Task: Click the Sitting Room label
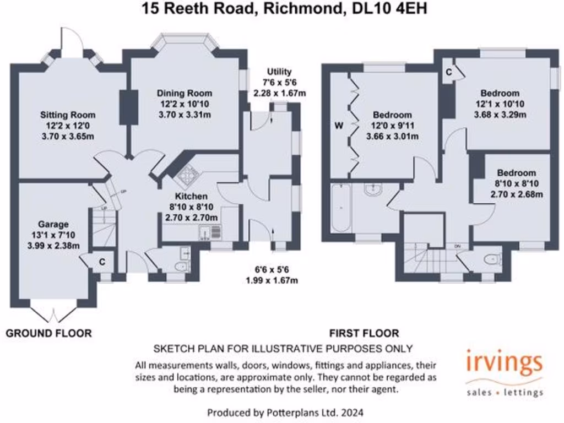pos(68,115)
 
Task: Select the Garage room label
pos(53,224)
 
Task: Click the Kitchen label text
pos(191,197)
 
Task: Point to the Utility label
pos(279,72)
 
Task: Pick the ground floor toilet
pos(180,267)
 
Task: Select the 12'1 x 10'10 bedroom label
pos(499,94)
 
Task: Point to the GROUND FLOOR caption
pos(48,333)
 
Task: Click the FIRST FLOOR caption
pos(364,333)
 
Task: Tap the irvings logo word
pos(504,364)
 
